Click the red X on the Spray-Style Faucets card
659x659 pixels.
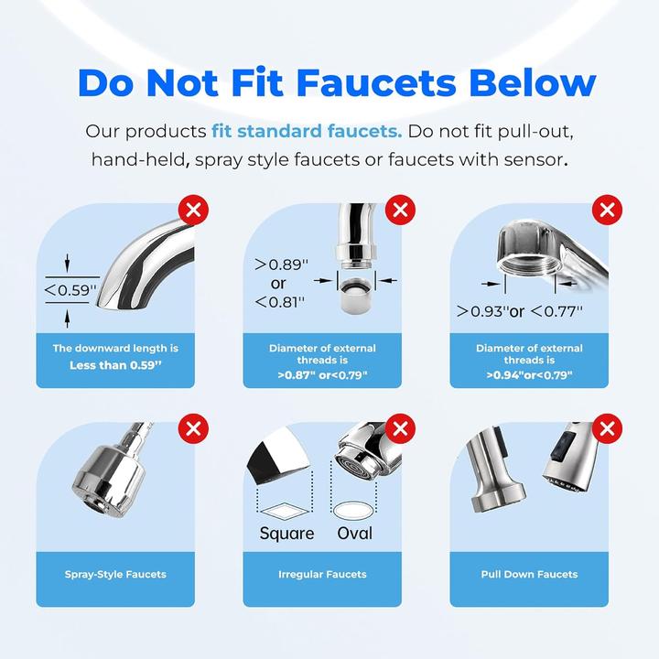(194, 427)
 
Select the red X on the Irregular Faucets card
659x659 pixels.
(400, 427)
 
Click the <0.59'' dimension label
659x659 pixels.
(71, 291)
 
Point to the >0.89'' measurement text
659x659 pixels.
(283, 264)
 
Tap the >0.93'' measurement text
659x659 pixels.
(481, 311)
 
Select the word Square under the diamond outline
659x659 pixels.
(286, 533)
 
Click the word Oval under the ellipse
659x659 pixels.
(354, 533)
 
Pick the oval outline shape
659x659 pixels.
(354, 506)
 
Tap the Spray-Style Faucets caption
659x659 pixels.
(115, 575)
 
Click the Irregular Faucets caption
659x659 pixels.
(322, 575)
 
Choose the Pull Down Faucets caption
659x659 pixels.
(529, 575)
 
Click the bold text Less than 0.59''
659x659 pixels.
(115, 365)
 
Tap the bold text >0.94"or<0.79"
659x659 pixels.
(529, 374)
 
